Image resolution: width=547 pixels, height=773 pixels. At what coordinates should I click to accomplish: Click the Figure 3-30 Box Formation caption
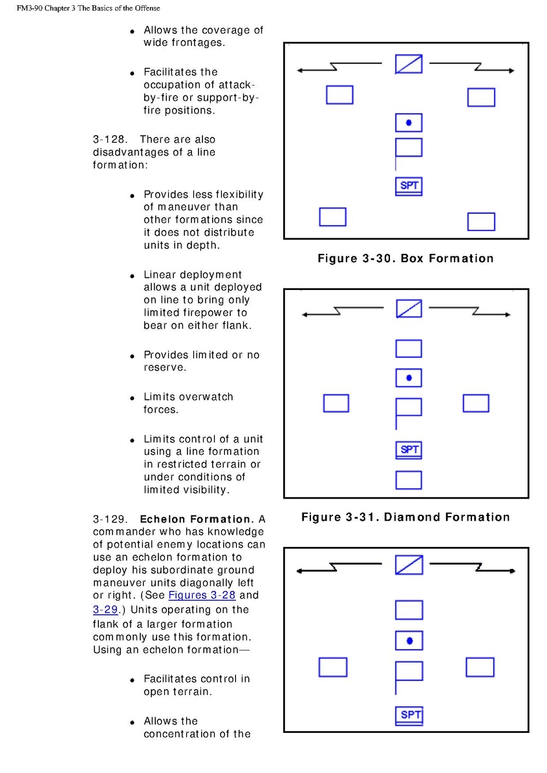point(405,258)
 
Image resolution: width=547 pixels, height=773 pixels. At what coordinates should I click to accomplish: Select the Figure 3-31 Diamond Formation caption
point(405,517)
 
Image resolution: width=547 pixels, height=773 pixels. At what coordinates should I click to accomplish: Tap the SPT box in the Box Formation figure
point(409,186)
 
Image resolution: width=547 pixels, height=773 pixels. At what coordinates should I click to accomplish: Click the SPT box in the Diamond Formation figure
point(409,449)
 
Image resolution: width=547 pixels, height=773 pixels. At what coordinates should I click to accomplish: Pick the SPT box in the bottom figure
point(409,715)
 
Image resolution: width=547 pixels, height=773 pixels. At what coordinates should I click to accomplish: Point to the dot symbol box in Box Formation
point(409,123)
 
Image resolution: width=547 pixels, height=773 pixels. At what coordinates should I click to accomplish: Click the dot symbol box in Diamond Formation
point(409,378)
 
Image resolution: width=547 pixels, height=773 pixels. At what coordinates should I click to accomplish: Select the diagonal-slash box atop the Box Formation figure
point(409,64)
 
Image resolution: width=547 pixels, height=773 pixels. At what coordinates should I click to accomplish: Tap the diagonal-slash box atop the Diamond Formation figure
point(409,309)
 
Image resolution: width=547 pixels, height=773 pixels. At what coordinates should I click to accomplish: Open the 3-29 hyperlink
point(105,609)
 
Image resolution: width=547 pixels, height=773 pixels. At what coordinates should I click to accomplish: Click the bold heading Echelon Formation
point(197,519)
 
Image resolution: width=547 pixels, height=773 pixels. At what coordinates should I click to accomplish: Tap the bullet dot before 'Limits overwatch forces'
point(131,398)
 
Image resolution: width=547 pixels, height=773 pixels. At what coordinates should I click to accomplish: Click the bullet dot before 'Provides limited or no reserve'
point(131,356)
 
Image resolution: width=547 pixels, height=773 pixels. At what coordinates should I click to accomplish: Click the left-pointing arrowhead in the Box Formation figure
point(301,70)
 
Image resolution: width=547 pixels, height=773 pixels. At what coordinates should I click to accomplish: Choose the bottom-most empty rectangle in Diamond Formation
point(409,480)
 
